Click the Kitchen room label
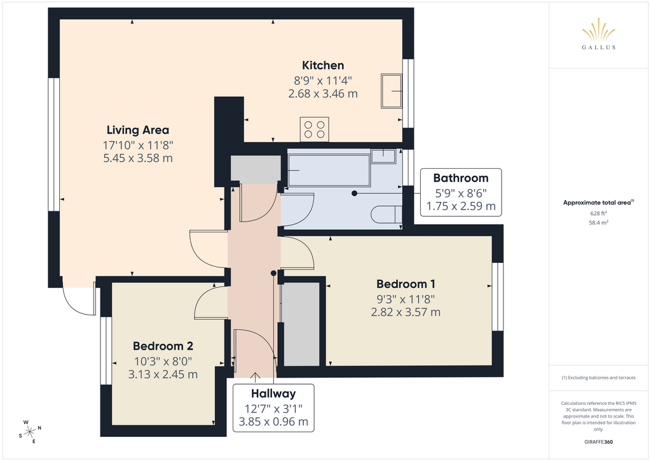point(323,65)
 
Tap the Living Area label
point(138,130)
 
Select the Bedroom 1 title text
point(406,284)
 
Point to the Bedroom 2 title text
point(163,346)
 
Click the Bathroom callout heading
point(461,178)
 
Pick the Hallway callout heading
point(273,394)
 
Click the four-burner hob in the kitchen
point(314,129)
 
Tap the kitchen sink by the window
point(392,91)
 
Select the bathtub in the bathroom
point(329,171)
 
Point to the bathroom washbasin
point(383,156)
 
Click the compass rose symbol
point(30,432)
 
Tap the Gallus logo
point(599,34)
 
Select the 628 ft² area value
point(598,213)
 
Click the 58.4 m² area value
point(598,222)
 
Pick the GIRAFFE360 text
point(598,442)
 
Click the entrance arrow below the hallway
point(255,376)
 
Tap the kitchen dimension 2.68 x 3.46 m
point(323,94)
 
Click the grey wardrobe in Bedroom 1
point(301,324)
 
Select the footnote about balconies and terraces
point(598,378)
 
